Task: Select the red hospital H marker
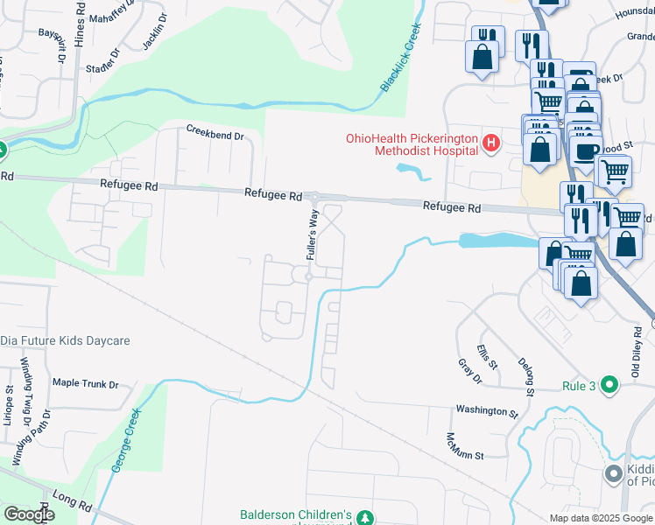point(491,143)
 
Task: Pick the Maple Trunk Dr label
point(85,383)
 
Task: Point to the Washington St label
point(481,410)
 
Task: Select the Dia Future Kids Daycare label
point(65,339)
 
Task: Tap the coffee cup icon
point(586,150)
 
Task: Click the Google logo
point(29,514)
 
